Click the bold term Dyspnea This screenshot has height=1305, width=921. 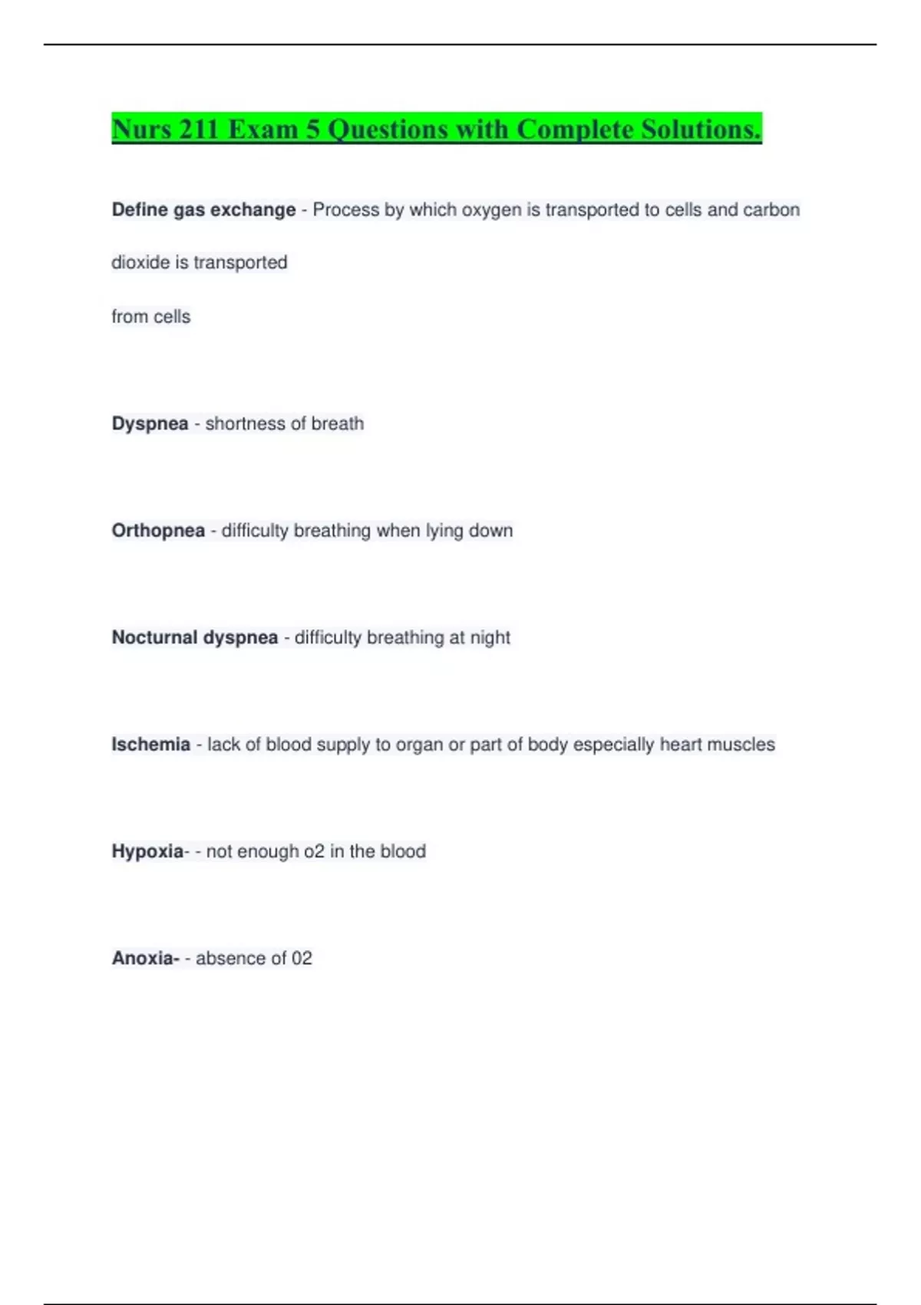point(150,424)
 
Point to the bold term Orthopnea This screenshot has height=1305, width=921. point(158,530)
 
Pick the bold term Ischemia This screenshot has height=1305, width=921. point(150,745)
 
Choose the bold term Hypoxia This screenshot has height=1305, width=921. point(147,851)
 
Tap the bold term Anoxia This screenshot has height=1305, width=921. point(145,958)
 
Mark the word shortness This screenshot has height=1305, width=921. point(236,424)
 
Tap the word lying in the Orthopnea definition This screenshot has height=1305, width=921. point(444,530)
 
